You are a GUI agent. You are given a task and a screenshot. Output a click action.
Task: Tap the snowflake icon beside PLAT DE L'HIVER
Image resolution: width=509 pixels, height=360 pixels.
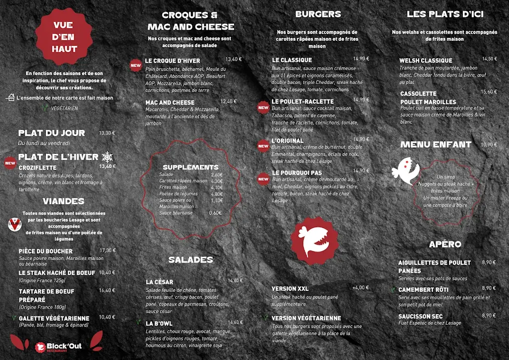pos(107,157)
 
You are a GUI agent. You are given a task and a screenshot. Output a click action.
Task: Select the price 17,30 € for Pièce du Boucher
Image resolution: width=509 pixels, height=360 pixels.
pos(107,251)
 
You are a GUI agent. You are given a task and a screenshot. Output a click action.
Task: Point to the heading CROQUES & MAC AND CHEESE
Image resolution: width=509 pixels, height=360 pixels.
pos(190,21)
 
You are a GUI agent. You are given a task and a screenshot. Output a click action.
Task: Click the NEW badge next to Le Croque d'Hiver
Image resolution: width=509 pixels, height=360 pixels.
pos(135,65)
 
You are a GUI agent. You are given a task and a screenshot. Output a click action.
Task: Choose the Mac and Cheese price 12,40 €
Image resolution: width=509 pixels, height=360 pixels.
pos(229,101)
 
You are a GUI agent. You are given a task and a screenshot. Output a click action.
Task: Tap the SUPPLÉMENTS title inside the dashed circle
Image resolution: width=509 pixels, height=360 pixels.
pos(190,167)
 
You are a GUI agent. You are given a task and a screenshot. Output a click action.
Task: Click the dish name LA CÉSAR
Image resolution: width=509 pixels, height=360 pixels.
pos(160,282)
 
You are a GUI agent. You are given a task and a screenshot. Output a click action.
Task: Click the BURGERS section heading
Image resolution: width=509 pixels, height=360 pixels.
pos(318,14)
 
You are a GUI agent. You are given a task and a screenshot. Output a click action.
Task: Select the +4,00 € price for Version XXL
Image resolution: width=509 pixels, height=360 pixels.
pos(361,288)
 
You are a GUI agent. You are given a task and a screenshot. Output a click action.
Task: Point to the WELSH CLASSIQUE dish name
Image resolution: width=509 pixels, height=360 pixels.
pos(425,61)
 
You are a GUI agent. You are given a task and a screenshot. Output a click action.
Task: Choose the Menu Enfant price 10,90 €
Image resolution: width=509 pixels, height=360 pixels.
pos(489,145)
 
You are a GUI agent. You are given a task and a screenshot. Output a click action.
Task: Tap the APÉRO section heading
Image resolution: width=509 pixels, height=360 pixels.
pos(445,244)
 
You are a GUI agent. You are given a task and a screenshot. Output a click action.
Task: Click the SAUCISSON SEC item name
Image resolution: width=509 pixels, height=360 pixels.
pos(421,316)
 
